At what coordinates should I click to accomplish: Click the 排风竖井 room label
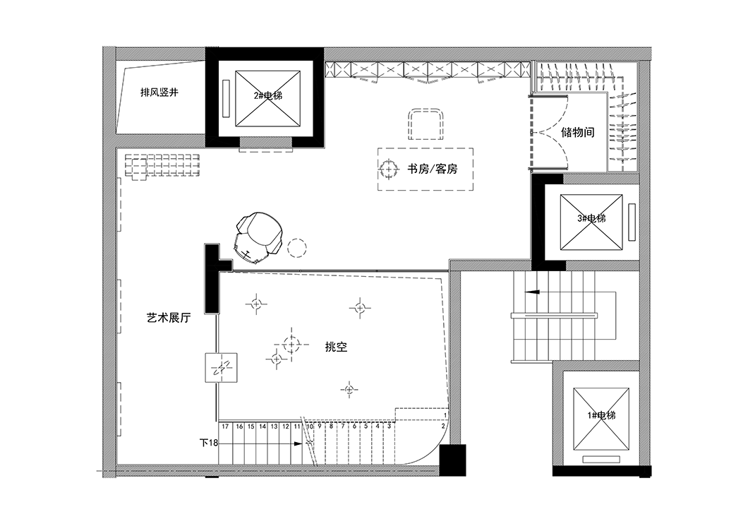[x=159, y=92]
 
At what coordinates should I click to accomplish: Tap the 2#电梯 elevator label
[x=268, y=95]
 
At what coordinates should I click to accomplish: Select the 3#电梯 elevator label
[x=591, y=219]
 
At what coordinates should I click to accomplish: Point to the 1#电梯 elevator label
[x=601, y=415]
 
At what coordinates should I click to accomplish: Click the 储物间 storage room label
[x=578, y=132]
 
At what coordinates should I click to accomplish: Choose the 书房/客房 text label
[x=432, y=169]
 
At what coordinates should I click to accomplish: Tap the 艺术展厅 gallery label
[x=169, y=318]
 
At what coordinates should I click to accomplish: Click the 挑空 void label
[x=336, y=347]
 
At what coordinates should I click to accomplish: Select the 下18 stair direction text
[x=208, y=443]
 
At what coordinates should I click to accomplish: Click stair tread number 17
[x=225, y=427]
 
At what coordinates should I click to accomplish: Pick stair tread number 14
[x=263, y=427]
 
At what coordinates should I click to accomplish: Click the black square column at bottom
[x=452, y=460]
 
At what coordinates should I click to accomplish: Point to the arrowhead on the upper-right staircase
[x=532, y=292]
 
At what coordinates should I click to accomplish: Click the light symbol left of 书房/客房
[x=389, y=169]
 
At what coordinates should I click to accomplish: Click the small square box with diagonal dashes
[x=222, y=367]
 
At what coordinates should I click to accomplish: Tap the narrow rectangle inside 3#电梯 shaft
[x=632, y=222]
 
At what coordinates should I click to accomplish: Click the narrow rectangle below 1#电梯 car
[x=601, y=459]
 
